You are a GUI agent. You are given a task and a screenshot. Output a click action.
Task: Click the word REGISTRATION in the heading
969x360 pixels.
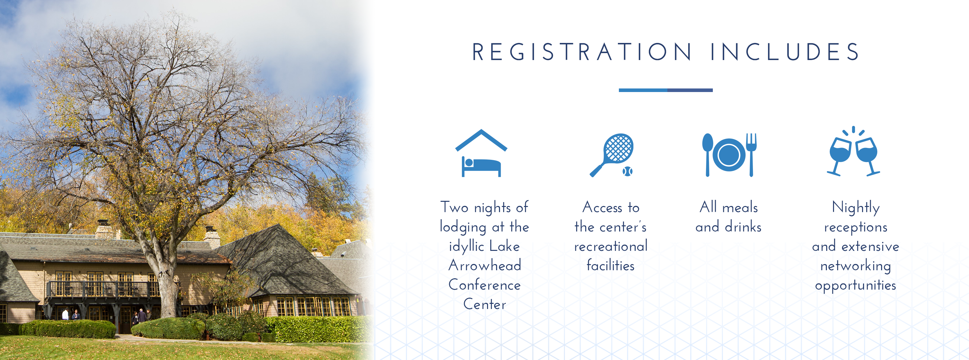582,52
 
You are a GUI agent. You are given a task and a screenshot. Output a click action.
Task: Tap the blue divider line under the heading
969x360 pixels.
665,90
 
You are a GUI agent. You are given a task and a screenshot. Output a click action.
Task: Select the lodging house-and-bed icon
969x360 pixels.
481,153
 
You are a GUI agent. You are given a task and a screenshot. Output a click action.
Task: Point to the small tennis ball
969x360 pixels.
627,171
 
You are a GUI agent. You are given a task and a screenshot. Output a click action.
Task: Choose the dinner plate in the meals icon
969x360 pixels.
729,155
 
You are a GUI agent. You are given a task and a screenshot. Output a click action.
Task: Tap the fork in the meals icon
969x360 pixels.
751,155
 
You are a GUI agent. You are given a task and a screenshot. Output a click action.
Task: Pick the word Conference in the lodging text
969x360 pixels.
484,285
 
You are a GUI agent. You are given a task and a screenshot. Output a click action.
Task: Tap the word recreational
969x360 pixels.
611,246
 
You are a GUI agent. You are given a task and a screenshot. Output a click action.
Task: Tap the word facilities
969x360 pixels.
610,265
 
